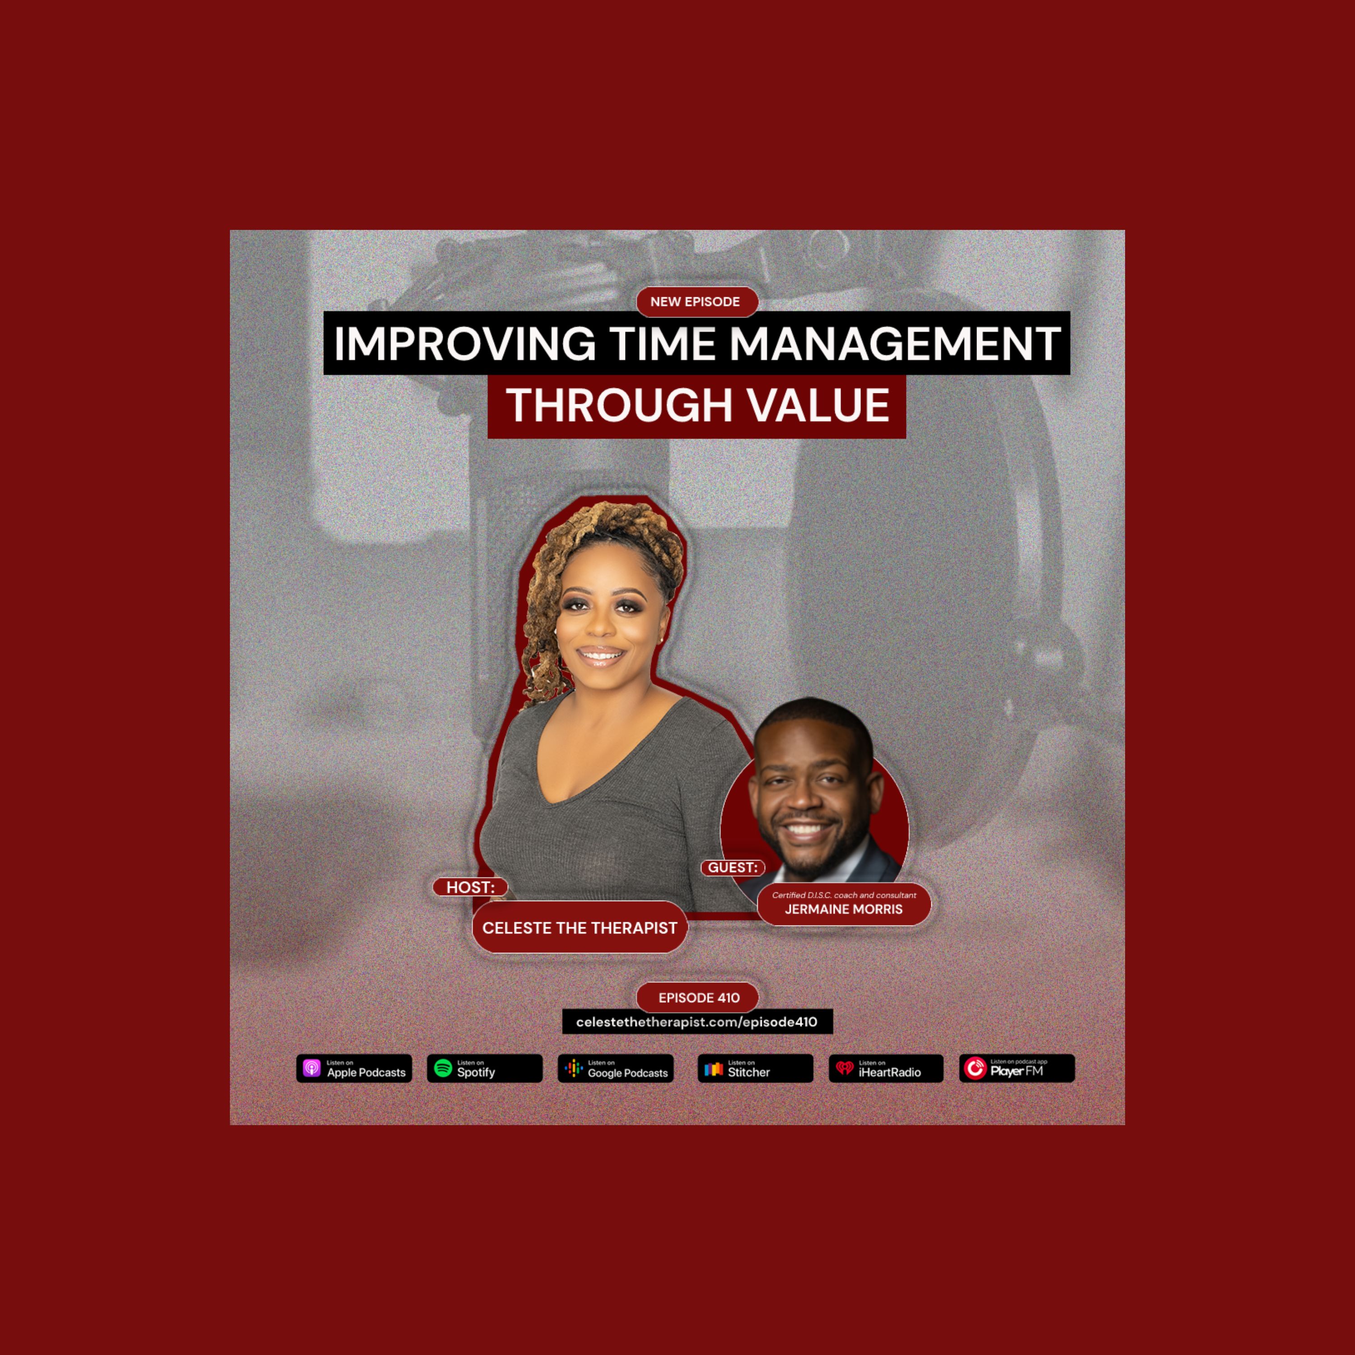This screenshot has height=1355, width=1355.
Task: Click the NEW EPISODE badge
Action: [697, 302]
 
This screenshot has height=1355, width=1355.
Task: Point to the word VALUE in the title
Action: [818, 406]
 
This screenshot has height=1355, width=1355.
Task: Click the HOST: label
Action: [470, 887]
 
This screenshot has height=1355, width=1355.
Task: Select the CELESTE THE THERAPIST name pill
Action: [580, 927]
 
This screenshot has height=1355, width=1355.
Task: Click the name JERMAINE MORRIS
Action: [844, 909]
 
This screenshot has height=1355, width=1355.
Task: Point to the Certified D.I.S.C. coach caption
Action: [844, 895]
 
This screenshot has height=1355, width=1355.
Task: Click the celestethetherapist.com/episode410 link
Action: [697, 1022]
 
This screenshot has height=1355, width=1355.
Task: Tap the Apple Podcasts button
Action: [354, 1068]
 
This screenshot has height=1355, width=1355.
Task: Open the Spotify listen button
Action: [485, 1068]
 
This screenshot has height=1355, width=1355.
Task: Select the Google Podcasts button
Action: [616, 1068]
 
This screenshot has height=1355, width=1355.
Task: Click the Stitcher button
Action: [755, 1068]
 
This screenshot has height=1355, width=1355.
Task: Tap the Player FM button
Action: [1017, 1068]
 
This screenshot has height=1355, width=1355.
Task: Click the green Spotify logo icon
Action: [443, 1068]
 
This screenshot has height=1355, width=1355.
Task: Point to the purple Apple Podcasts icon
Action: [312, 1068]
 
